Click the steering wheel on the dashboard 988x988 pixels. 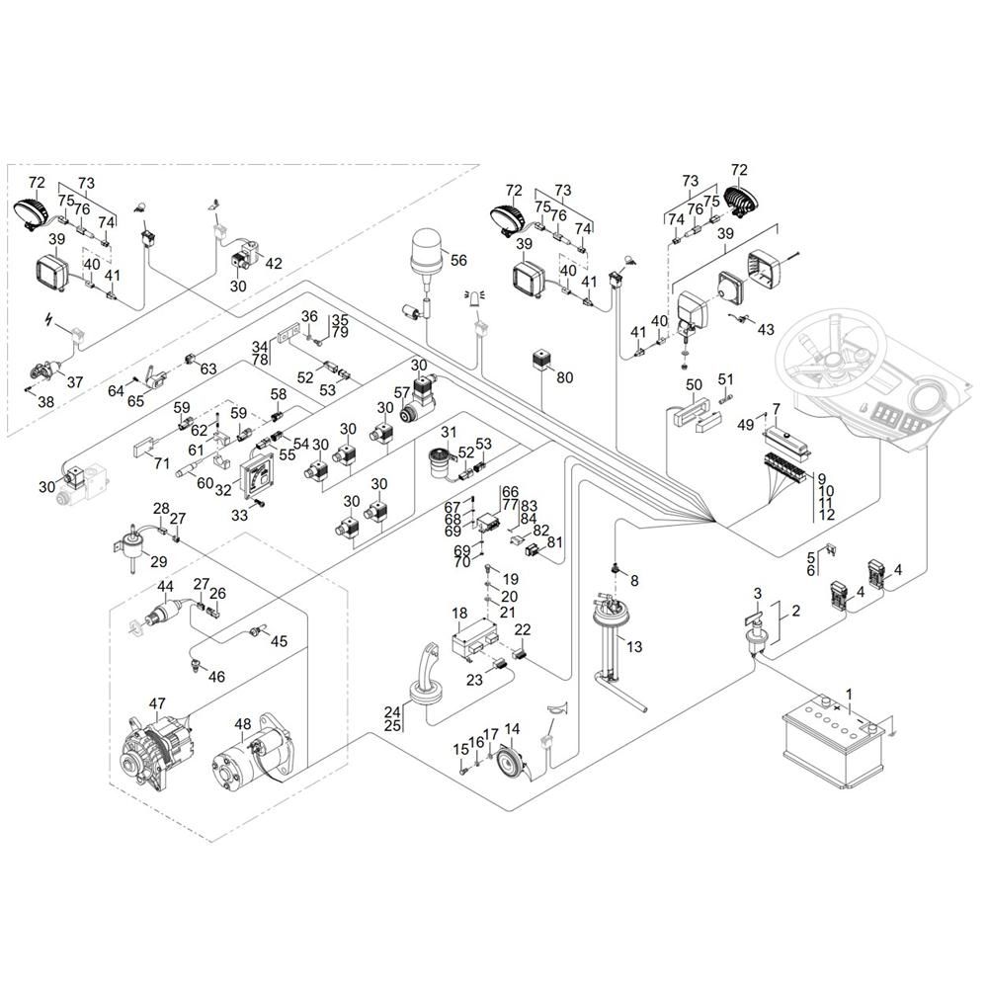tap(832, 353)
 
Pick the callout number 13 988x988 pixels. tap(634, 646)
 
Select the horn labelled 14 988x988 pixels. tap(512, 764)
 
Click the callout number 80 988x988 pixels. tap(564, 376)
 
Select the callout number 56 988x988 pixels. tap(458, 260)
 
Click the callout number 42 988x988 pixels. tap(273, 263)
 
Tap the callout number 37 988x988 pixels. tap(75, 381)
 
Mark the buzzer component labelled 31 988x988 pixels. tap(440, 462)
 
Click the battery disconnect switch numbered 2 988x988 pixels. tap(756, 635)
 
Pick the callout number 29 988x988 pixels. tap(158, 561)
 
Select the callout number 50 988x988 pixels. tap(694, 384)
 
